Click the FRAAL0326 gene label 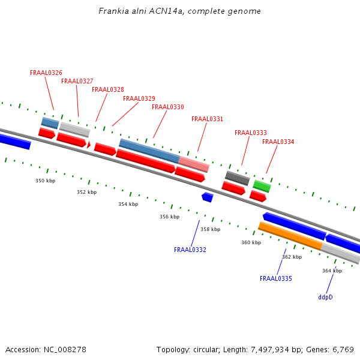coord(46,73)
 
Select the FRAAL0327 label coord(77,82)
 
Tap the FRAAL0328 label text coord(108,90)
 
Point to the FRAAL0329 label coord(139,99)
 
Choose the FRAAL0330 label coord(168,107)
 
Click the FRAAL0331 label coord(207,119)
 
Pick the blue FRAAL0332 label coord(190,250)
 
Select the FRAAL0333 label coord(251,133)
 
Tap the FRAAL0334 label coord(278,142)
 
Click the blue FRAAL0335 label coord(276,279)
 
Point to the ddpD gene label coord(325,297)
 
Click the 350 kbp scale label coord(45,181)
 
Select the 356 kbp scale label coord(169,217)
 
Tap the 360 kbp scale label coord(251,243)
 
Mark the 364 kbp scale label coord(332,271)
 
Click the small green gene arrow coord(262,186)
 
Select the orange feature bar coord(290,236)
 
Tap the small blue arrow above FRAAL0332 coord(208,197)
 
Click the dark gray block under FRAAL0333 coord(238,178)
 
